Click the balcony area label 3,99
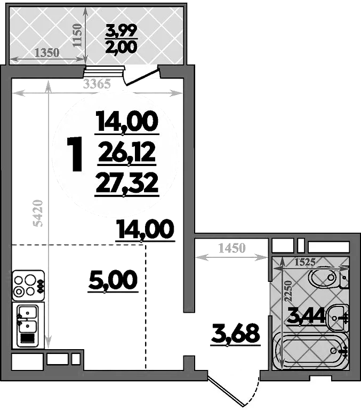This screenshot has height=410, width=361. (122, 30)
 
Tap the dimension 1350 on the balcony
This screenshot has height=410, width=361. (47, 53)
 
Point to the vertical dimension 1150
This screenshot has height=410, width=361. (78, 35)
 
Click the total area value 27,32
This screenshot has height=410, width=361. (127, 184)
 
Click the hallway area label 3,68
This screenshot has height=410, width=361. (236, 334)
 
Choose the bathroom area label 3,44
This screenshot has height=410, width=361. (306, 317)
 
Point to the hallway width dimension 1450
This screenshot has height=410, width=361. (231, 248)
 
